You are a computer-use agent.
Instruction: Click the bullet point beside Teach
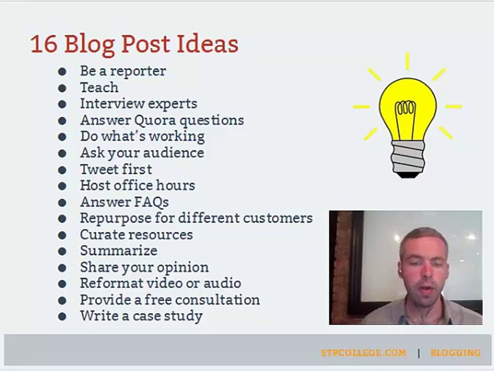62,88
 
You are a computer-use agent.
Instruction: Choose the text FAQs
152,202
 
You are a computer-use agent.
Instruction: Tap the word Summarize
119,251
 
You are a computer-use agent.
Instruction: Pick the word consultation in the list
217,300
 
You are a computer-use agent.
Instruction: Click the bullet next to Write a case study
62,316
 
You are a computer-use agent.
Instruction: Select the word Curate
104,235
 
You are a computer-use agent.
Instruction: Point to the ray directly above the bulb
407,61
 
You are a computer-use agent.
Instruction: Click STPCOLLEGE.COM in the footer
364,352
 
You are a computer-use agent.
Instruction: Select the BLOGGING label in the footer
455,352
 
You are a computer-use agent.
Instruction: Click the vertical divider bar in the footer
419,353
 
